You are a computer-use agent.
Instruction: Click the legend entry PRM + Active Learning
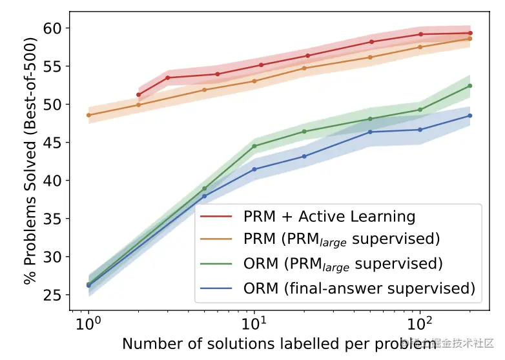pos(329,215)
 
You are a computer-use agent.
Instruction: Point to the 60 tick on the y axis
pos(52,28)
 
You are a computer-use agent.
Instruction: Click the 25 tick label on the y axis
pos(52,295)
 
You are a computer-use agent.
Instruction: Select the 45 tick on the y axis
pos(52,143)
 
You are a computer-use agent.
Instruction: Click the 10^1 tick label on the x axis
pos(254,320)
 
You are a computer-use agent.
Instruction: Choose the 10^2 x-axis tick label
pos(420,320)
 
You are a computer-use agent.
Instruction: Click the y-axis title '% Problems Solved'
pos(30,161)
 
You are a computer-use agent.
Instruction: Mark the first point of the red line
pos(139,95)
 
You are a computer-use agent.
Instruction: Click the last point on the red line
pos(470,33)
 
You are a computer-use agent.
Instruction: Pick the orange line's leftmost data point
pos(88,115)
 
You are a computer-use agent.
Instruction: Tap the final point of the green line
pos(470,86)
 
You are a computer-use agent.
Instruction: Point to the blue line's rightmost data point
pos(470,115)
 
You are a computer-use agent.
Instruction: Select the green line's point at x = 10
pos(254,146)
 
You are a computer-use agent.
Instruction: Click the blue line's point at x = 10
pos(254,169)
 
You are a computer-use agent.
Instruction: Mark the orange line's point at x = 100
pos(420,46)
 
